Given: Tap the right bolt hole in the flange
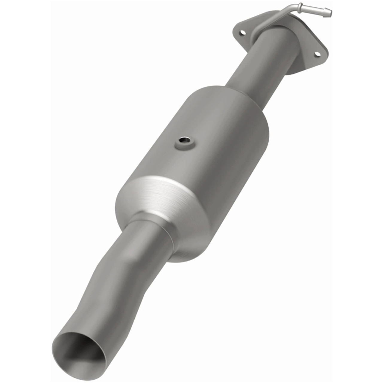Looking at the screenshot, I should (317, 54).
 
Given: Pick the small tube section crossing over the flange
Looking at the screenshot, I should (269, 21).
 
